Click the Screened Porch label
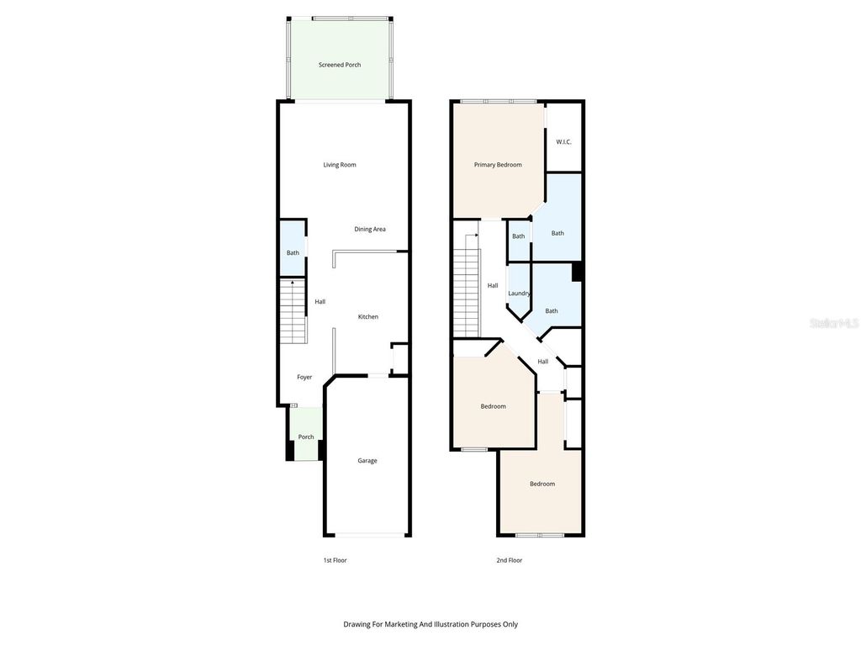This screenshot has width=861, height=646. (x=340, y=65)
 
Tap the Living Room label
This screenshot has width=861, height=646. (x=340, y=165)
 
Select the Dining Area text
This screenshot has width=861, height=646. (x=369, y=229)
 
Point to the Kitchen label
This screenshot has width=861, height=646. (x=368, y=316)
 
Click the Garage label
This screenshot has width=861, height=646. (x=367, y=460)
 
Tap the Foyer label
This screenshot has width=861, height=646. (x=304, y=377)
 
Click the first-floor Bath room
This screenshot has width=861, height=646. (x=293, y=252)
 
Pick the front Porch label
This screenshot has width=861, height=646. (x=306, y=437)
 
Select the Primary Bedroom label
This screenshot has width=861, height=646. (x=498, y=165)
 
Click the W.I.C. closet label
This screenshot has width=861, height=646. (x=563, y=141)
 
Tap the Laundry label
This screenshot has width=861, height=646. (x=519, y=293)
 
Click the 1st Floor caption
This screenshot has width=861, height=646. (x=335, y=560)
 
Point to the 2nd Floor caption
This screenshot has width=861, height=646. (x=509, y=560)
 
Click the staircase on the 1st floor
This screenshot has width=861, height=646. (x=293, y=313)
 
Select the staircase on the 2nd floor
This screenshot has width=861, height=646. (x=466, y=294)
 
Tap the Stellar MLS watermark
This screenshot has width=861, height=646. (x=834, y=323)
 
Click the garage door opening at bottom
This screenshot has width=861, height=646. (x=367, y=535)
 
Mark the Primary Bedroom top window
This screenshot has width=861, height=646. (x=498, y=102)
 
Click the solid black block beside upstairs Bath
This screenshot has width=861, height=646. (x=577, y=272)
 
